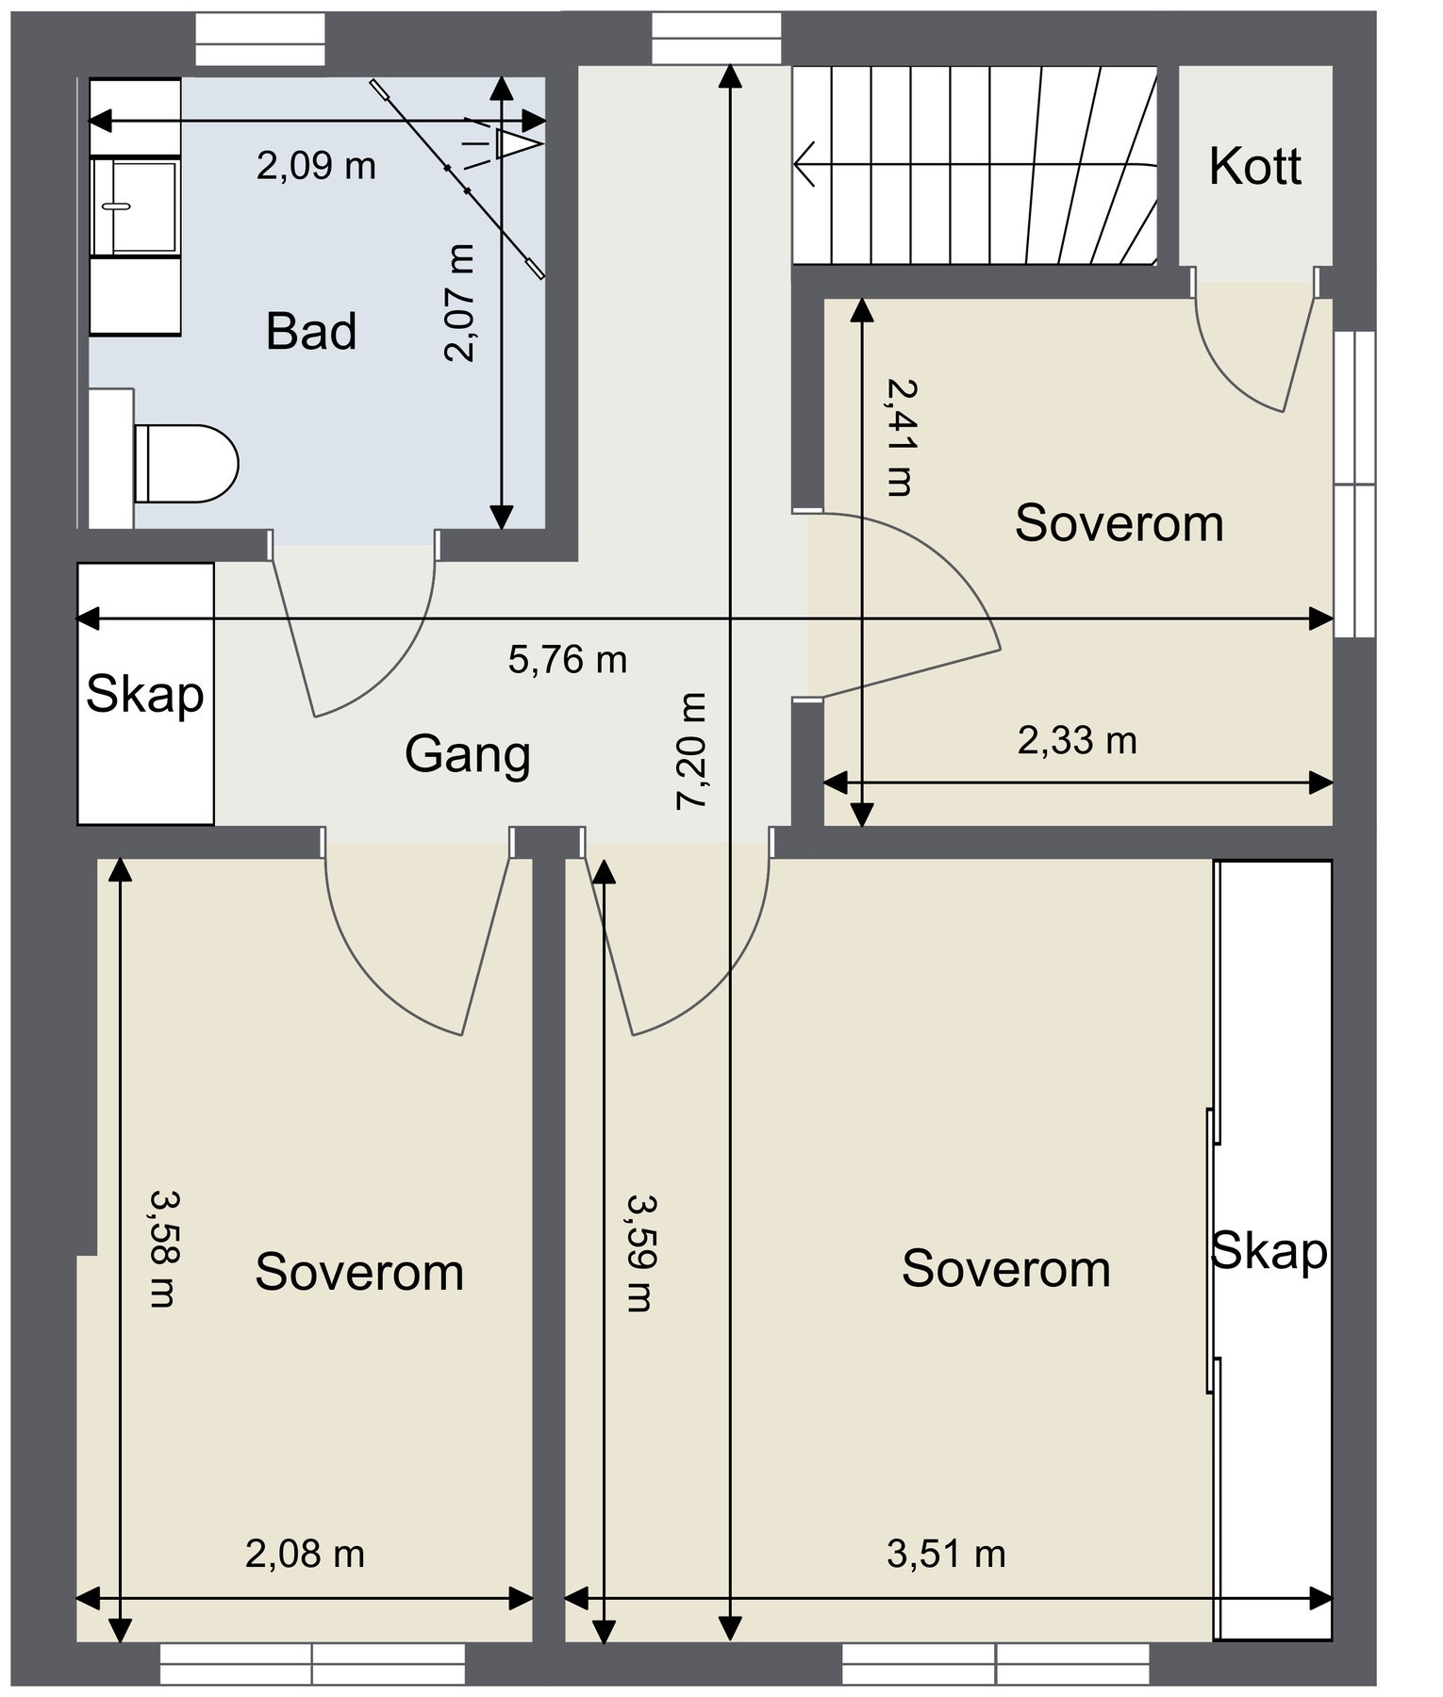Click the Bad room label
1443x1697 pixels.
[311, 331]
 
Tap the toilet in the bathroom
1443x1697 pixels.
[185, 463]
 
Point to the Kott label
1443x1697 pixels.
[1254, 167]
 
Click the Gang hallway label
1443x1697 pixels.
[468, 755]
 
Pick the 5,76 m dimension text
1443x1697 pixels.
[568, 659]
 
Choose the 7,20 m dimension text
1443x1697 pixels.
[690, 750]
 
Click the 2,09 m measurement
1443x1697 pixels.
[316, 167]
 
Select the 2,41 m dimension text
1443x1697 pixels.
[899, 437]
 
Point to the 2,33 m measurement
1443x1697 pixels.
[1077, 741]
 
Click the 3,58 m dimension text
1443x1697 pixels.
[164, 1248]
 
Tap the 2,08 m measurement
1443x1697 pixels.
[305, 1554]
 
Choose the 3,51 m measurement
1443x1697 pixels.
[946, 1554]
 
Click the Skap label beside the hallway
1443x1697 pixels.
[145, 696]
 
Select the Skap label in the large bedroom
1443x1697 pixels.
[1269, 1252]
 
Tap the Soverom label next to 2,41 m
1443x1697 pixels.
[1120, 523]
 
